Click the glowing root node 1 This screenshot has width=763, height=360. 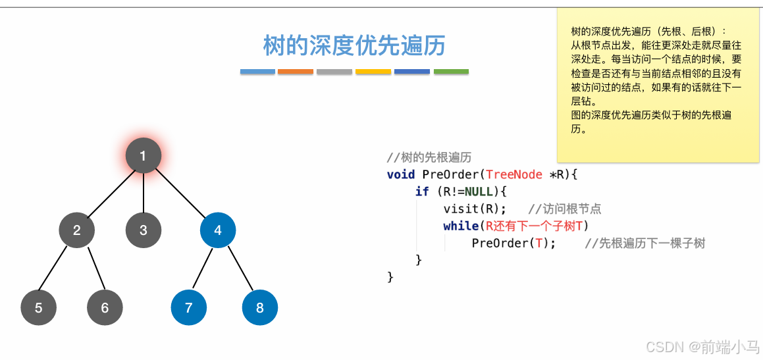[143, 156]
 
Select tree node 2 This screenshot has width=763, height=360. [77, 230]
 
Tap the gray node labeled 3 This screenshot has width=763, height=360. [144, 230]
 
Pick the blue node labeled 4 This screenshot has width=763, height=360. [218, 230]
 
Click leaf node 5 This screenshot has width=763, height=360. [38, 307]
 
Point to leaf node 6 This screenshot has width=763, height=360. [105, 307]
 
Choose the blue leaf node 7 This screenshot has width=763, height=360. [189, 307]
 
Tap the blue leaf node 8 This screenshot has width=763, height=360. [260, 307]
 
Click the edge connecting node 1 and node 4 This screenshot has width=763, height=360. [181, 193]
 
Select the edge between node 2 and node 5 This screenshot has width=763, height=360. [58, 269]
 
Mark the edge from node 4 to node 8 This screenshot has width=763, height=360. [239, 269]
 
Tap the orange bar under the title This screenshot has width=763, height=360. [296, 71]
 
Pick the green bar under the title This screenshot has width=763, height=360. [451, 71]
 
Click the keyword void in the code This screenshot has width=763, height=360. [401, 174]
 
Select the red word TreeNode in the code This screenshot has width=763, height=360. [513, 174]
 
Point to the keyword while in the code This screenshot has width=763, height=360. [460, 226]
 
